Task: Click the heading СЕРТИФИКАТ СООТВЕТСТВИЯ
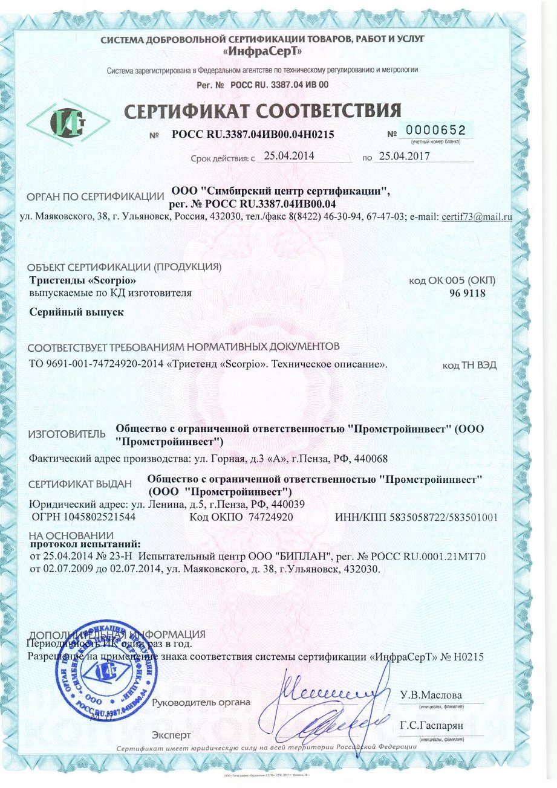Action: click(262, 111)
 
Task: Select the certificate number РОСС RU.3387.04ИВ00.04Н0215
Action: click(253, 135)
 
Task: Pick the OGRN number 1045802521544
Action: click(93, 517)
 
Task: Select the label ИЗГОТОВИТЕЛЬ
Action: click(67, 434)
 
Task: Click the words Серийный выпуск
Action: click(76, 313)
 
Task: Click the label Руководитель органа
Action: click(201, 702)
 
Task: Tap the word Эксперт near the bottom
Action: click(172, 735)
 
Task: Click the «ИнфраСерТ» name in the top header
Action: click(262, 51)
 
